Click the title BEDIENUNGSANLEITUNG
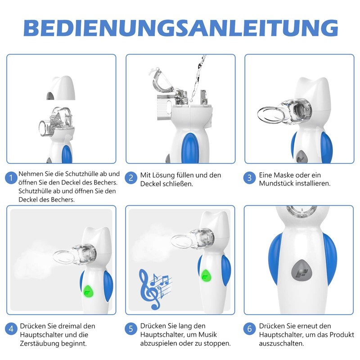click(180, 27)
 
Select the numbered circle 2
click(131, 178)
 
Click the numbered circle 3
click(250, 178)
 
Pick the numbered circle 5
click(131, 328)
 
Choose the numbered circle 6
click(250, 328)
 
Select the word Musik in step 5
click(206, 334)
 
